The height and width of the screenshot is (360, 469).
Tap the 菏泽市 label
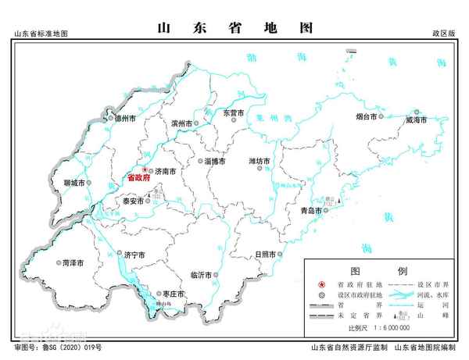point(73,263)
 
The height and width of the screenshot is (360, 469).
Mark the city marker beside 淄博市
point(196,162)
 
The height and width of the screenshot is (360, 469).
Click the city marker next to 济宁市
point(116,255)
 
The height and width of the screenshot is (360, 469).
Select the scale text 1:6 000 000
point(390,328)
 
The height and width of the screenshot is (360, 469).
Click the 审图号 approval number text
point(59,346)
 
